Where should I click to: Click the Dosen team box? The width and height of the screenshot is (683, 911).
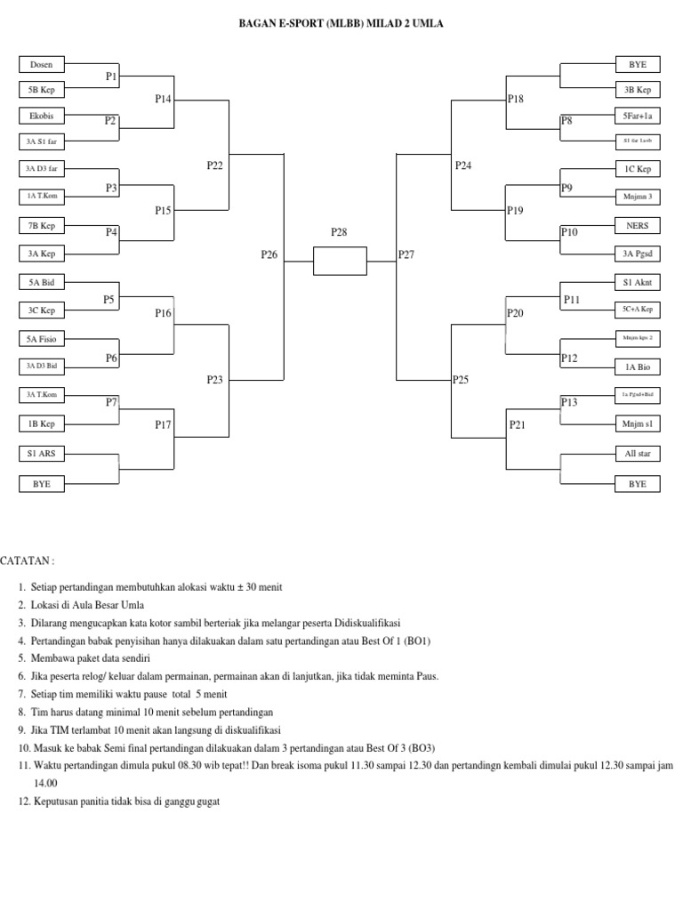tap(42, 64)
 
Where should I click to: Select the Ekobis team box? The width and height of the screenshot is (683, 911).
tap(42, 116)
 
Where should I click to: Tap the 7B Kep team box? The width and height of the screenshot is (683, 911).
tap(42, 226)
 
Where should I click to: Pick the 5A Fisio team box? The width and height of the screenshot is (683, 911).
tap(42, 339)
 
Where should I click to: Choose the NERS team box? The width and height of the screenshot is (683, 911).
tap(638, 226)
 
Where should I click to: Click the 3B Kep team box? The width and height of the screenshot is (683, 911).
tap(638, 90)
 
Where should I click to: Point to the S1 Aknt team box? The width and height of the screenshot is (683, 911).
tap(638, 283)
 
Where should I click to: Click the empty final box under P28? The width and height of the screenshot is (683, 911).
tap(340, 262)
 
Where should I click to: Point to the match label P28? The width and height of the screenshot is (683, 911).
tap(339, 232)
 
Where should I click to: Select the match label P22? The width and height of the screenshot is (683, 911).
tap(215, 165)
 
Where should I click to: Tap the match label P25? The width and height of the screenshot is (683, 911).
tap(460, 380)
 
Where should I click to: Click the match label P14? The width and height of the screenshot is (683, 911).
tap(163, 100)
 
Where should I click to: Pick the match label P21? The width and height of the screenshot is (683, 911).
tap(518, 425)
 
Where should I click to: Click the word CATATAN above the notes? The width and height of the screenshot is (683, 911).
tap(27, 561)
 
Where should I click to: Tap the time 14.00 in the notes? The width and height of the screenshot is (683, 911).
tap(45, 783)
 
